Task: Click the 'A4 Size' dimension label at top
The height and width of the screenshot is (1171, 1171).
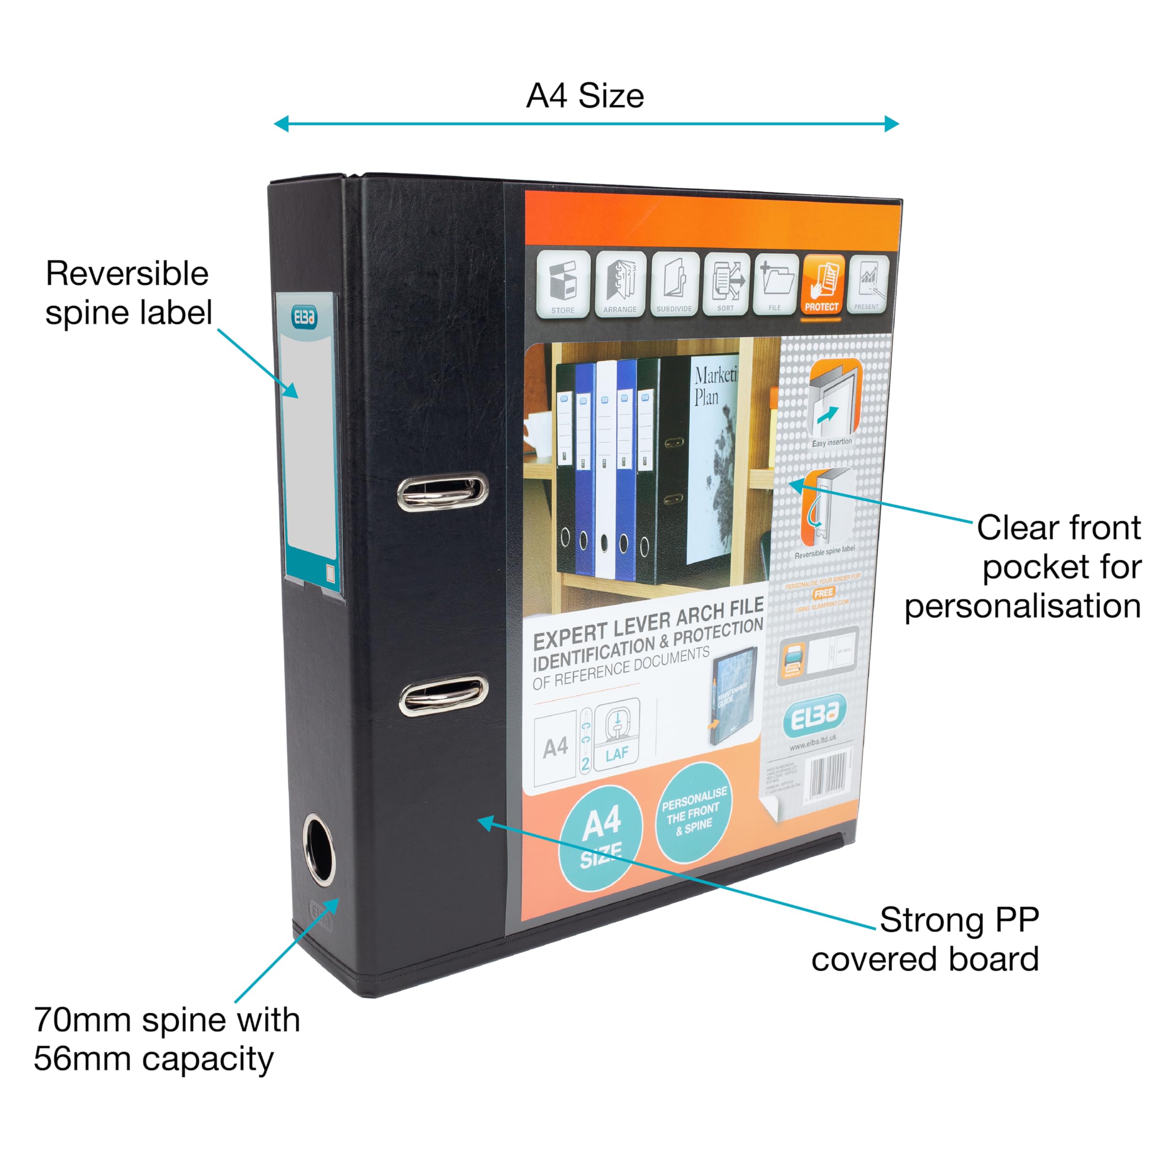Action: (x=585, y=96)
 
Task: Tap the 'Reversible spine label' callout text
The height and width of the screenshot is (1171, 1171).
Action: (x=128, y=293)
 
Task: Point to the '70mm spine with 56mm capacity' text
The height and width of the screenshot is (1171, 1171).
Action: (x=167, y=1039)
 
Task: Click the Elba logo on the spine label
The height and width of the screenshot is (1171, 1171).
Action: (x=304, y=317)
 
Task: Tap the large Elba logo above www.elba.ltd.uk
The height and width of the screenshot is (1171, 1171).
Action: (x=814, y=717)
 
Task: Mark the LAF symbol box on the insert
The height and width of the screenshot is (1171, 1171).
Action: (x=617, y=735)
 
